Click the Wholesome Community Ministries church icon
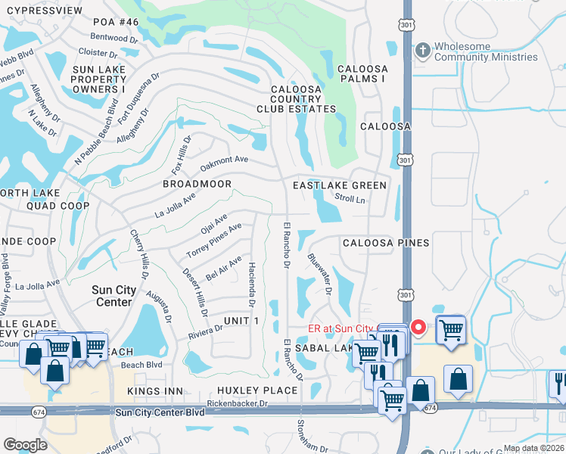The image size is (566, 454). pos(423,51)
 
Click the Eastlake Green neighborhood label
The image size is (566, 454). pos(340,185)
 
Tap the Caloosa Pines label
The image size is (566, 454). pos(386,243)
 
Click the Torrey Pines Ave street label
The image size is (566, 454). pos(214,241)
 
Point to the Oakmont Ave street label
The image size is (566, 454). pos(224,162)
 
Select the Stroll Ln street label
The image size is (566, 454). pos(350,200)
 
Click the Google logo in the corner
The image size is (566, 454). pos(25,444)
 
